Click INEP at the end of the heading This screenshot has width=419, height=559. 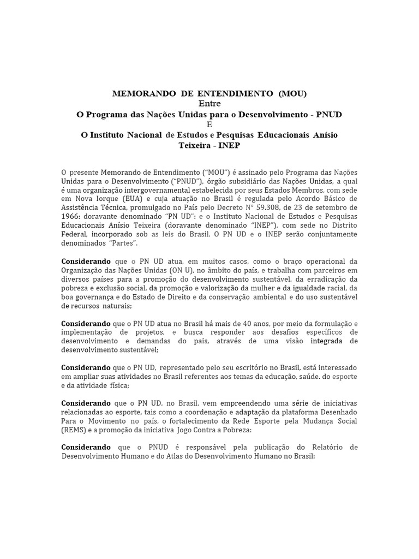click(229, 145)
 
